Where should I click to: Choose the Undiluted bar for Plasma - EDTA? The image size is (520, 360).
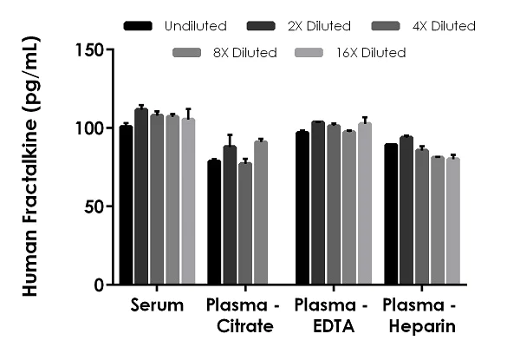(x=302, y=208)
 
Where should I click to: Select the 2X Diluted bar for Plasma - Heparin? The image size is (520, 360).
(x=406, y=211)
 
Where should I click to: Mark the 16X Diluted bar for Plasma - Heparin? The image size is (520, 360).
(x=452, y=221)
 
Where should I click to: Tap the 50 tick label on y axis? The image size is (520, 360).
(x=96, y=206)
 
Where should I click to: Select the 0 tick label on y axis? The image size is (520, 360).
(x=101, y=285)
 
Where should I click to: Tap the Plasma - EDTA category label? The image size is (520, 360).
(x=333, y=316)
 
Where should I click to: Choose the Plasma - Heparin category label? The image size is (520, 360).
(x=421, y=316)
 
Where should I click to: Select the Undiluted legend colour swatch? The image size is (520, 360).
(x=139, y=26)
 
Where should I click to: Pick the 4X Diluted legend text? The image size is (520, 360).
(x=444, y=26)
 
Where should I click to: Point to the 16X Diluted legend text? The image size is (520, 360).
(x=370, y=53)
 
